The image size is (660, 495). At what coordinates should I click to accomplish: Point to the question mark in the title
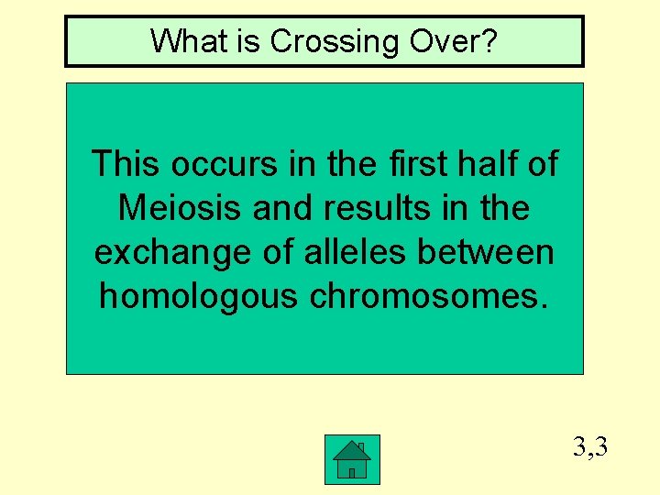click(x=490, y=41)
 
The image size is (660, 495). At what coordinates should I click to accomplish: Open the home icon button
click(x=352, y=459)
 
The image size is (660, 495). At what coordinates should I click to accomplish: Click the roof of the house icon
click(x=352, y=449)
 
